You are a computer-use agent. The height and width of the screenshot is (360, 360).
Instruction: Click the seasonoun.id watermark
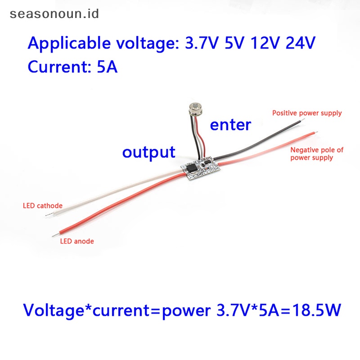tap(54, 14)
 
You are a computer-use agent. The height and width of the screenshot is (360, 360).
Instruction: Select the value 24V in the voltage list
tap(300, 43)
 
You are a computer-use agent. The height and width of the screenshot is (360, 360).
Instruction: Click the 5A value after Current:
tap(107, 67)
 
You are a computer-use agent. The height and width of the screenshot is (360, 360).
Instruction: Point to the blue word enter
tap(230, 125)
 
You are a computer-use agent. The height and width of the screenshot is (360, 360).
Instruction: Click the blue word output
tap(149, 152)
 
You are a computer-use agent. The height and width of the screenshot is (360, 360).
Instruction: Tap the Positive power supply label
tap(307, 113)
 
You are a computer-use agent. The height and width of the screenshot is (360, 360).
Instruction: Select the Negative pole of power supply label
tap(317, 154)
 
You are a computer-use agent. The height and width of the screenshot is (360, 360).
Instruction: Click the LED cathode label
tap(43, 206)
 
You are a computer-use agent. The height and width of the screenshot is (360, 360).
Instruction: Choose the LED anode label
tap(77, 241)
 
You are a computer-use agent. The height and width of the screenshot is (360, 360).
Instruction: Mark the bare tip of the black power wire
tap(302, 120)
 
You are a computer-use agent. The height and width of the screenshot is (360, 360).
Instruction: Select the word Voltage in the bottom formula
tap(54, 310)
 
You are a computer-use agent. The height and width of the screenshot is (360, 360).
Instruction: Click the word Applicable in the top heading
tap(69, 43)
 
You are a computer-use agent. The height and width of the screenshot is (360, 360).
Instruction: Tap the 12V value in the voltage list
tap(265, 43)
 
